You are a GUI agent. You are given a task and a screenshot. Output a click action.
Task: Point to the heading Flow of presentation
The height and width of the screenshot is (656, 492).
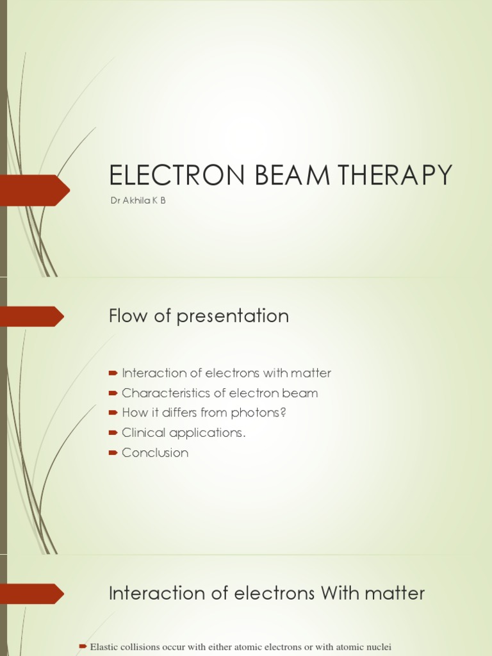click(199, 316)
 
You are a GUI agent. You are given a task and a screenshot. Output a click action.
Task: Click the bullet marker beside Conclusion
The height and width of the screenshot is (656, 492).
click(113, 453)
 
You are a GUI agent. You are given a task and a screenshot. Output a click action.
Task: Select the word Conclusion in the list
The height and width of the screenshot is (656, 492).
click(155, 453)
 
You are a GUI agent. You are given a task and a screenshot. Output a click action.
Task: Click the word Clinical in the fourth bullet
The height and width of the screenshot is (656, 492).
click(142, 432)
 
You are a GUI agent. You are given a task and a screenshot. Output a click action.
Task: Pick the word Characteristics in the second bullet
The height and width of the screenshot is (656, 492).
click(164, 393)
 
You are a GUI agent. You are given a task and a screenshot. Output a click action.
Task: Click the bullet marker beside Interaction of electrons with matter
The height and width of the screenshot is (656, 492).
click(113, 373)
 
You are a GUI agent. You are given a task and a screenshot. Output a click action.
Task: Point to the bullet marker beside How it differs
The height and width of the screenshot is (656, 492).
click(113, 413)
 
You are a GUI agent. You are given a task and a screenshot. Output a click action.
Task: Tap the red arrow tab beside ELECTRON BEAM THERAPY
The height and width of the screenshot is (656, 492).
click(35, 190)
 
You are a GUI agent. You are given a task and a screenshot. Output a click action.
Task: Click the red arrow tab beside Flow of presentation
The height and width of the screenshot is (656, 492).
click(32, 316)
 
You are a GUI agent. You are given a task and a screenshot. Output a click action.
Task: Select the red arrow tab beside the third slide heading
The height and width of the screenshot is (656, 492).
click(32, 594)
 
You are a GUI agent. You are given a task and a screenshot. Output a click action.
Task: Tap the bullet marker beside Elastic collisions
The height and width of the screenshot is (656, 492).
click(82, 647)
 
